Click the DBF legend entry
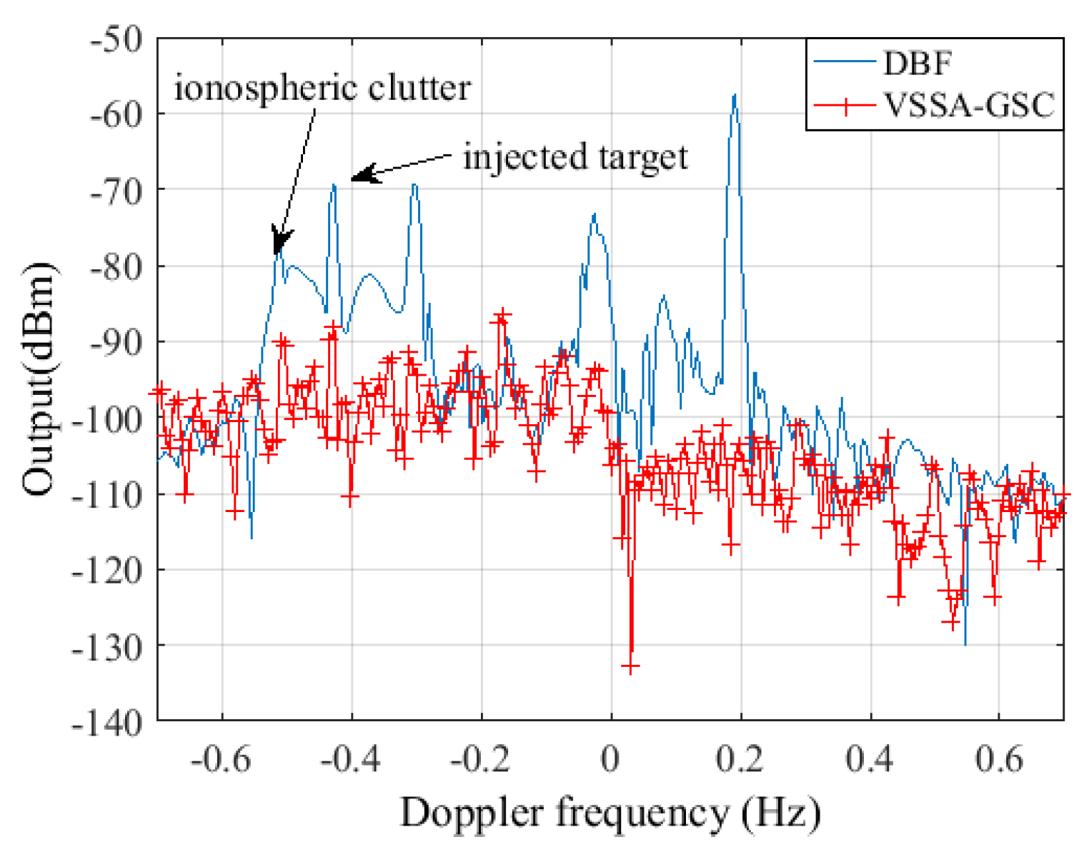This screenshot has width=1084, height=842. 918,64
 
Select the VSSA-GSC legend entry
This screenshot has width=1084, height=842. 968,106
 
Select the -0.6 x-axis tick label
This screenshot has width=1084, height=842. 222,758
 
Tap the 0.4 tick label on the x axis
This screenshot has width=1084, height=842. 870,758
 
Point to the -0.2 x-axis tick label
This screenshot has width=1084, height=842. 480,758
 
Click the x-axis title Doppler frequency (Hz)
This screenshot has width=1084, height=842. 610,813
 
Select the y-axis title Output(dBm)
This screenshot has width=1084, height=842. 39,379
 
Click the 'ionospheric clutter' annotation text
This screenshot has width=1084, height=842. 322,89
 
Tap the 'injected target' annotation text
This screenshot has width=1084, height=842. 575,156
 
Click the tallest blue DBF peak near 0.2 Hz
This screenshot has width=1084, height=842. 734,96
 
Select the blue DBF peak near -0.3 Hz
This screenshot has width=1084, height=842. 414,185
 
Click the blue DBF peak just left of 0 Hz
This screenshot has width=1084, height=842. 593,214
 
